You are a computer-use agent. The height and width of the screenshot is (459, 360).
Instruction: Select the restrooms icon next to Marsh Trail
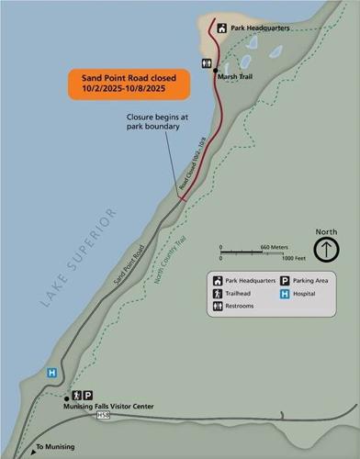[x=206, y=64]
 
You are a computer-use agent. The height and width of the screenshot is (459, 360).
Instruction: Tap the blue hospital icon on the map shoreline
[x=52, y=374]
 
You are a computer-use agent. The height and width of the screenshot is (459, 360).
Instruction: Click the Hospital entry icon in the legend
[x=285, y=296]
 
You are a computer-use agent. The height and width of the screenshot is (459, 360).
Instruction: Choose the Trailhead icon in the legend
[x=218, y=295]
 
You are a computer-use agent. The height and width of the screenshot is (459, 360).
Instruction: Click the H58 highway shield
[x=103, y=415]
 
